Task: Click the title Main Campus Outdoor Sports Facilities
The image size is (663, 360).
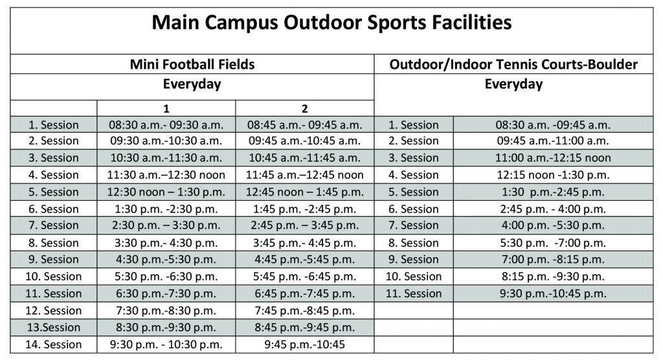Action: pos(331,23)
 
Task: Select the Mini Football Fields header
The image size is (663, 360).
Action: pos(192,64)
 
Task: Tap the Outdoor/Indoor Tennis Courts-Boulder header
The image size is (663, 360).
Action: pos(513,64)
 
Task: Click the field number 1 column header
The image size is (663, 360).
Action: pos(166,109)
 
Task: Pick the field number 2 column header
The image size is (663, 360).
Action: pos(304,109)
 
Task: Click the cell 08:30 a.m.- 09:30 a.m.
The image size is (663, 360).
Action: pos(166,125)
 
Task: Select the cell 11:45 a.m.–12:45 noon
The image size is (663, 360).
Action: pos(304,175)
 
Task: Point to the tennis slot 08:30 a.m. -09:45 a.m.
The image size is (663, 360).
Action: pos(553,125)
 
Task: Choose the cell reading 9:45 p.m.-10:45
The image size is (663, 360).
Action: pos(304,344)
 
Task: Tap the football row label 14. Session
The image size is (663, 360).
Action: pos(53,344)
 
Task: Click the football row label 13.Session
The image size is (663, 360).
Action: pos(53,328)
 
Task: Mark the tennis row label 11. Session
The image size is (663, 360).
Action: pos(414,293)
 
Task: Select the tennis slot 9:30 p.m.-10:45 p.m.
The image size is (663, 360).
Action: pos(553,293)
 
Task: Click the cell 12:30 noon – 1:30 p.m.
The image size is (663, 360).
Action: pos(166,192)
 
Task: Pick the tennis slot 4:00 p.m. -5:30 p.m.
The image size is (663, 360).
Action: pos(553,225)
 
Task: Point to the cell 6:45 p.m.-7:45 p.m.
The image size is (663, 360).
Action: pos(304,293)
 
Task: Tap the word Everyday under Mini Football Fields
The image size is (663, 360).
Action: pos(192,84)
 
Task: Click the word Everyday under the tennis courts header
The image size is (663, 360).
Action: pos(513,84)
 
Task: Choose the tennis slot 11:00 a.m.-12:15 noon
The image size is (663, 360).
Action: pos(553,158)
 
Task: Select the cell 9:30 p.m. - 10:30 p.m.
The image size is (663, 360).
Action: pos(166,344)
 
